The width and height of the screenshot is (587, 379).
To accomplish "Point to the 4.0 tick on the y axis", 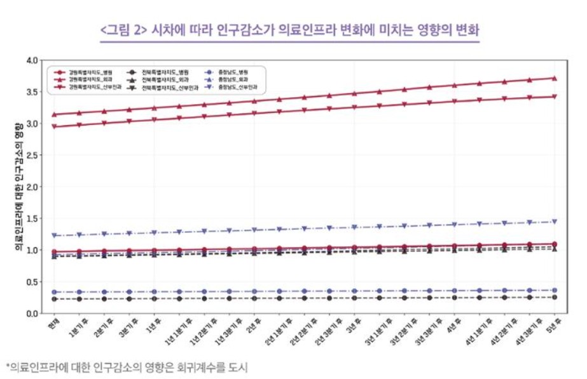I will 32,60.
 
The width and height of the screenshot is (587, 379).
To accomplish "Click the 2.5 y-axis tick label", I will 32,155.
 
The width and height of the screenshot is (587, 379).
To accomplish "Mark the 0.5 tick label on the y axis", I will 32,282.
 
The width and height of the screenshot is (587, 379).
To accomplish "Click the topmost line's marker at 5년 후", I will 554,78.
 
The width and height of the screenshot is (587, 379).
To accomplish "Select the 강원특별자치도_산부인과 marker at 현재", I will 55,126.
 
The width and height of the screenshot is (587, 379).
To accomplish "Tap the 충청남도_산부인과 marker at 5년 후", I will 554,222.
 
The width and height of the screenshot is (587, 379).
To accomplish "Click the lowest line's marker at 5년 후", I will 554,297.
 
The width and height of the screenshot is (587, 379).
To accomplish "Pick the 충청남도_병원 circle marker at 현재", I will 55,292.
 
